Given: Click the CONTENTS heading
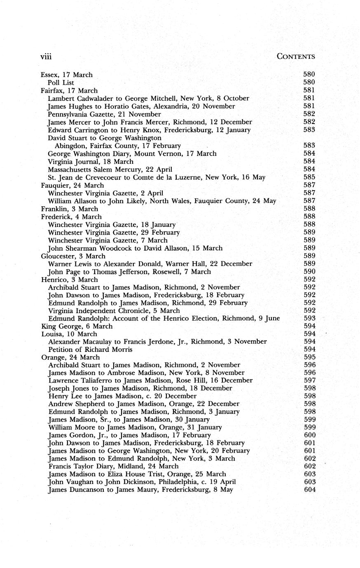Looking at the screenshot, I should (296, 56).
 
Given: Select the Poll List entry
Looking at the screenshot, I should (61, 83).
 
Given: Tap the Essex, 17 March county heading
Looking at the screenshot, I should (67, 75).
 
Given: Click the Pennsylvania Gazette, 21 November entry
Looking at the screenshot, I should (104, 114).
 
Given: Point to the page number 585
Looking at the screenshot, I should (309, 177).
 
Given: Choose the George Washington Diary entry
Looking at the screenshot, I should (132, 154).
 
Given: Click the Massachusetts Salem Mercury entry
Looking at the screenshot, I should (110, 169).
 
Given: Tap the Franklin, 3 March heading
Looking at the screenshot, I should (70, 209).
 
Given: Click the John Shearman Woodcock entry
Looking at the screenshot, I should (135, 248).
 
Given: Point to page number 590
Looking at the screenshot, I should (309, 271).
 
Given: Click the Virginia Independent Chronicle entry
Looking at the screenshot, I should (114, 311).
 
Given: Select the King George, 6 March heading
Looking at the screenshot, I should (76, 326).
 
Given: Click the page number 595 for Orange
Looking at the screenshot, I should (309, 357).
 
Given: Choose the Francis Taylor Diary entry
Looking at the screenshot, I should (113, 466).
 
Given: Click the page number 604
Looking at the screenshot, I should (309, 490).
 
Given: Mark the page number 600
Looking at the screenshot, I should (309, 435).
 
